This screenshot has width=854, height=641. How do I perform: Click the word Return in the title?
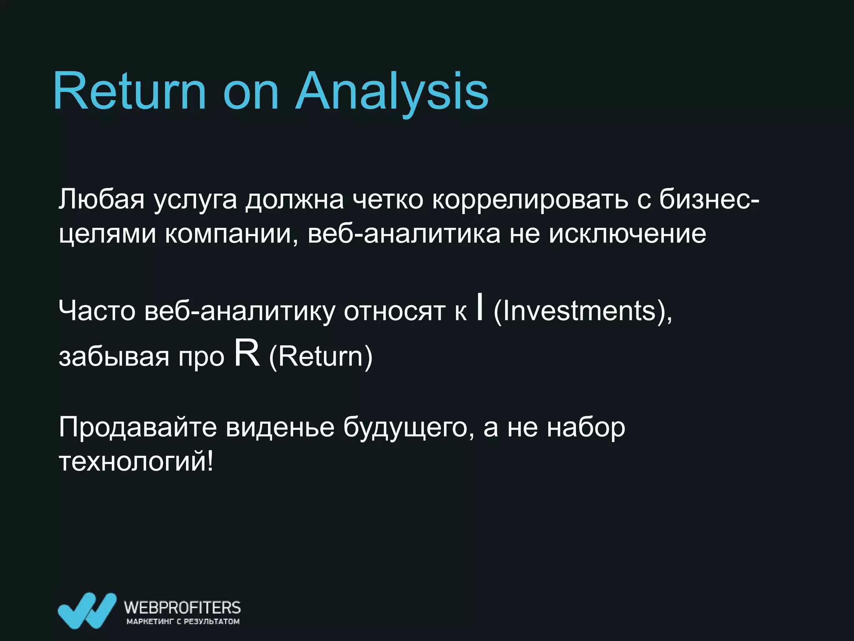coord(129,91)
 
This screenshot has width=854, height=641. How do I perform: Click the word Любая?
coord(101,199)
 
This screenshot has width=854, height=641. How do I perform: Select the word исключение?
coord(627,234)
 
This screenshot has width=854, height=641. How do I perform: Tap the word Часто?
coord(97,311)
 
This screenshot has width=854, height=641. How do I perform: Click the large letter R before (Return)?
coord(247,353)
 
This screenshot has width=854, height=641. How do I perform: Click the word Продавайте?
coord(138,427)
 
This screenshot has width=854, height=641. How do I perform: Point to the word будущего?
coord(408,428)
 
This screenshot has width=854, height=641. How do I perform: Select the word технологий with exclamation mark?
coord(136,462)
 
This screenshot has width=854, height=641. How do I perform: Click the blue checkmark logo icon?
coord(87,610)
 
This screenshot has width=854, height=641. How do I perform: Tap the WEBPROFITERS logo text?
coord(182,607)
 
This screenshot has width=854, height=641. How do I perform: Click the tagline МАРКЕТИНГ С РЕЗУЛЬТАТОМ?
coord(183,621)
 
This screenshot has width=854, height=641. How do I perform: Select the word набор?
coord(586,427)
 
